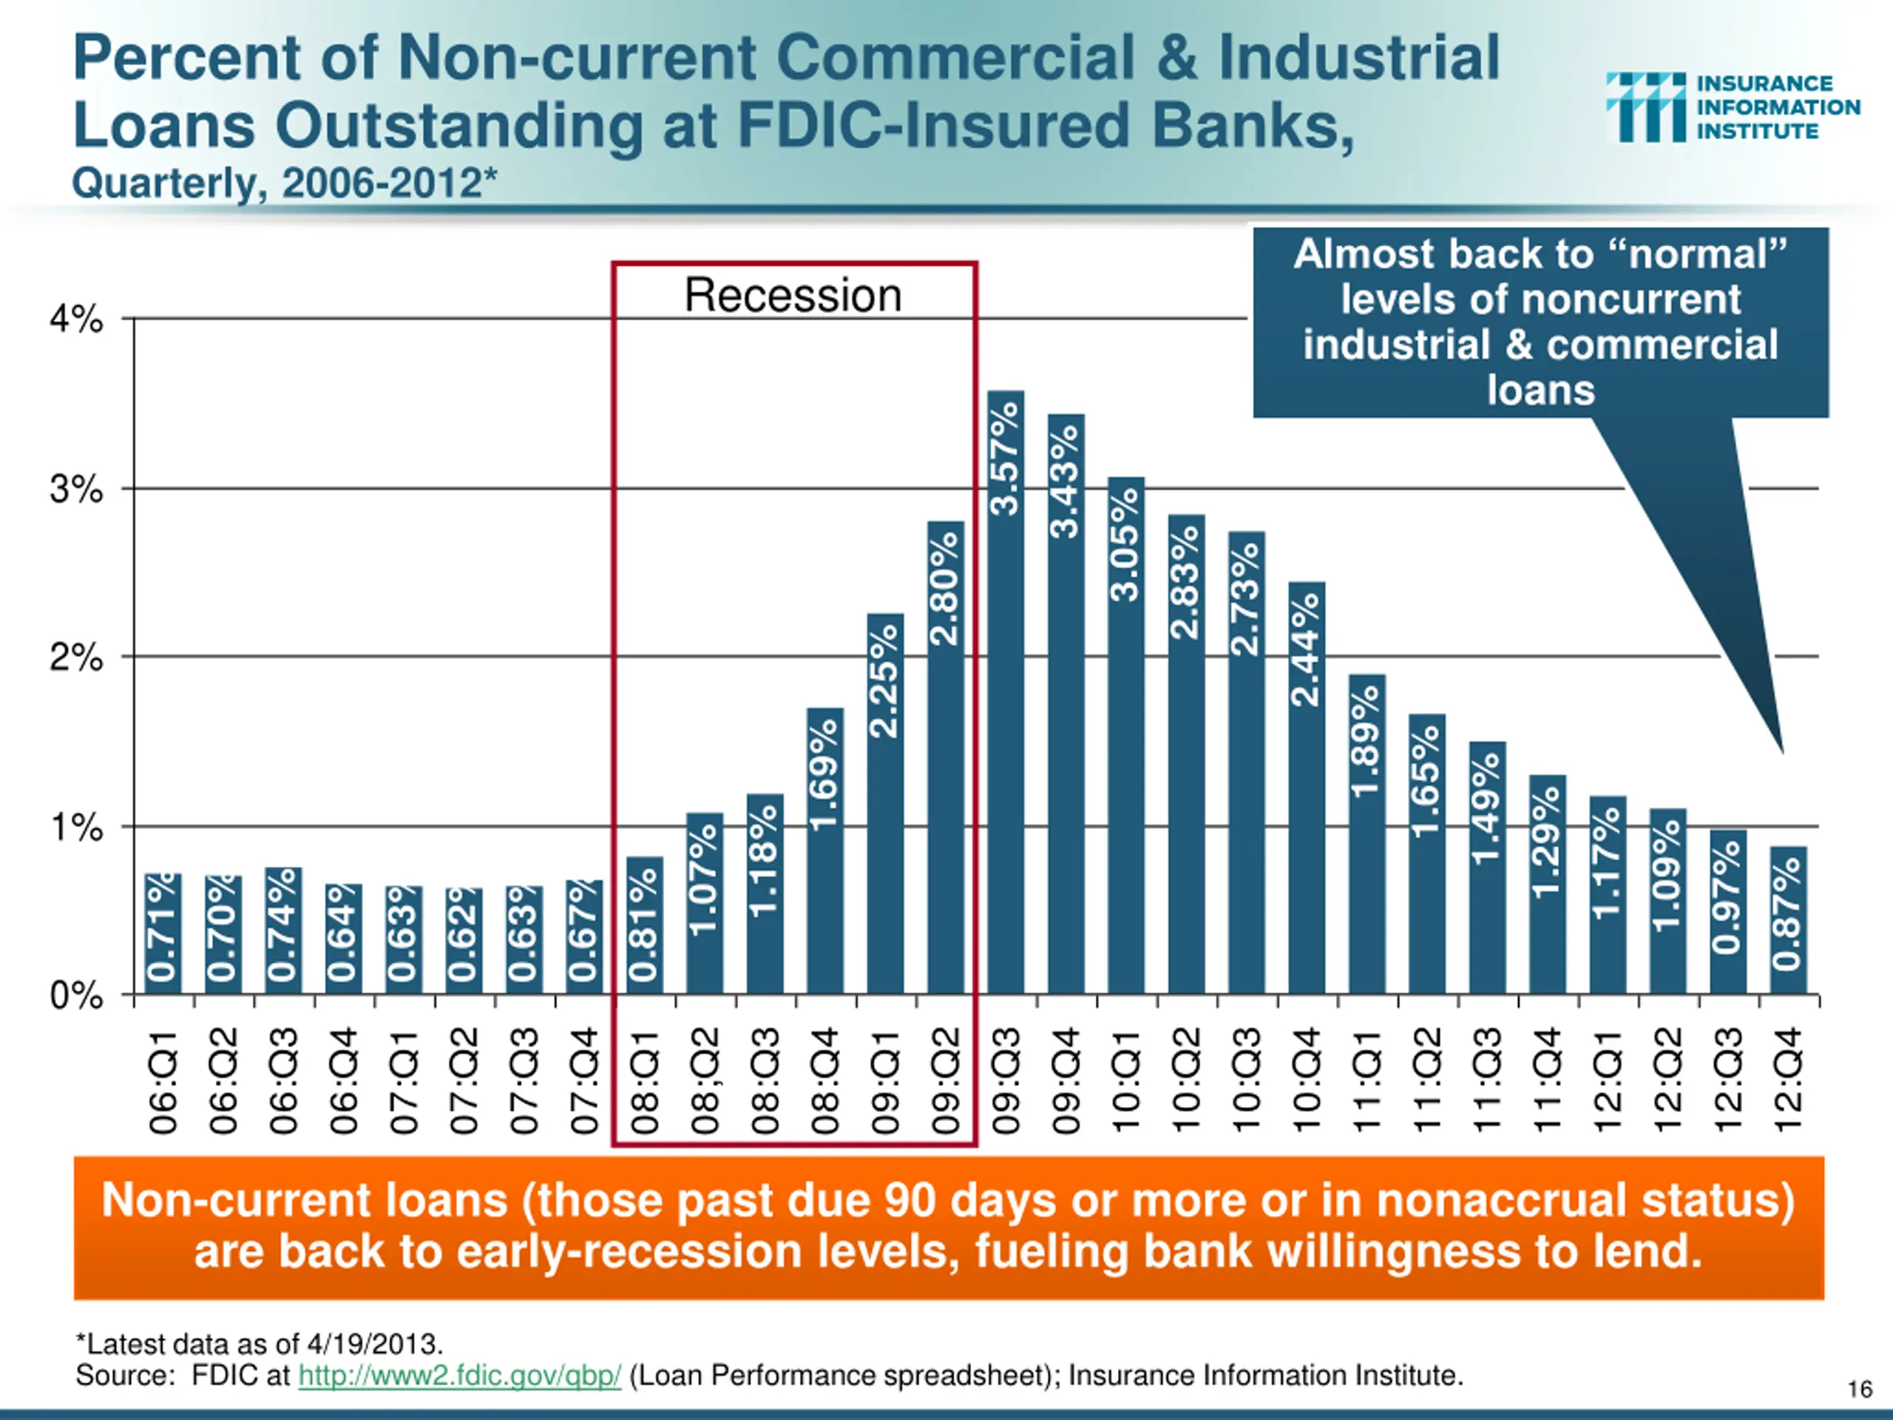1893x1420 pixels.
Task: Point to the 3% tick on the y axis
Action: coord(76,490)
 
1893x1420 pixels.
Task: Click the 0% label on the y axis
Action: coord(76,995)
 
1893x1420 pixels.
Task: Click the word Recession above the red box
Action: coord(793,295)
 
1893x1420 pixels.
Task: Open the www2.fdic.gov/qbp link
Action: coord(459,1376)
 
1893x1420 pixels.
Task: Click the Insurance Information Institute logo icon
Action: coord(1645,107)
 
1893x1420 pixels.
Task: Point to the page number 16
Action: coord(1860,1388)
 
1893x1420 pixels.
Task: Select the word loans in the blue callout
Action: coord(1540,390)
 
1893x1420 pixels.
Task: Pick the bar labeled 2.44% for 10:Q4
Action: coord(1307,788)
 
